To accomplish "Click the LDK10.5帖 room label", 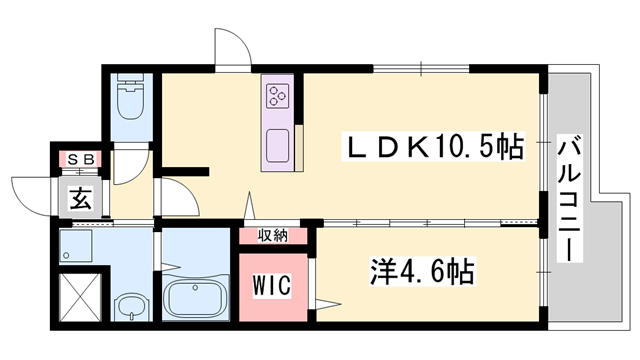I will click(x=435, y=148).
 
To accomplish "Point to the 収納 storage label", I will click(x=273, y=236).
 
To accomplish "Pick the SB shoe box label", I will click(x=79, y=159).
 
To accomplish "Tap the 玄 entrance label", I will click(x=80, y=199).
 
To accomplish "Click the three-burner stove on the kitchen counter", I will click(x=278, y=96).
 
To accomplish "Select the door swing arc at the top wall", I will click(x=230, y=50).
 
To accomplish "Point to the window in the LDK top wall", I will click(x=420, y=68).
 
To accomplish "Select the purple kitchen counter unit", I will click(x=279, y=123).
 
